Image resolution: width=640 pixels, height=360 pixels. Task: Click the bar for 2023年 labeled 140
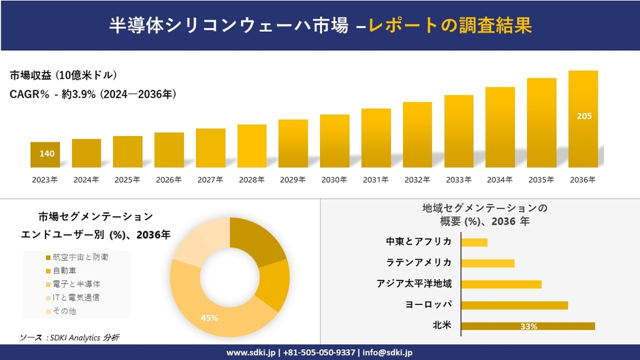[46, 155]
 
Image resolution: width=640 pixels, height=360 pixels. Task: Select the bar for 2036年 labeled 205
[583, 119]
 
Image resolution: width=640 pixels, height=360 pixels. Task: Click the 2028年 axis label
[252, 180]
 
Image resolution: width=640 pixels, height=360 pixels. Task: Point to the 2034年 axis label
[500, 180]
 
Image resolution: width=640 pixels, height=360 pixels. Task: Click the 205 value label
[584, 116]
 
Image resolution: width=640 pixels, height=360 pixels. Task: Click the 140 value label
[47, 154]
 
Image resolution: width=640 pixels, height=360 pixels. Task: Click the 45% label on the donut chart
[209, 318]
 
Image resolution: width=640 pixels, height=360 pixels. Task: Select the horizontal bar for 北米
[528, 326]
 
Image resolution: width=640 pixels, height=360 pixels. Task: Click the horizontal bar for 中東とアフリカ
[475, 242]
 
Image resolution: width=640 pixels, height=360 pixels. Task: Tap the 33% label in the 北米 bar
[528, 327]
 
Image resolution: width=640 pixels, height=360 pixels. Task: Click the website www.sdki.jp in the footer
[251, 353]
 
